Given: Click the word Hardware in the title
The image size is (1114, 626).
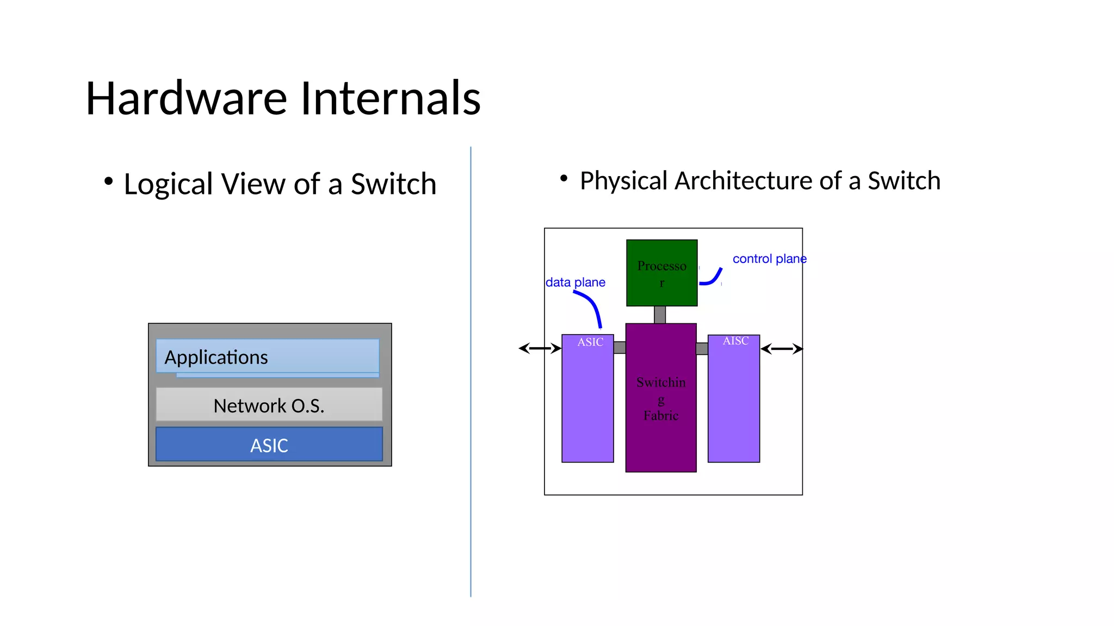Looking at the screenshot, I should click(186, 98).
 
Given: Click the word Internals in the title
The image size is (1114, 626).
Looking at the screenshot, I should click(390, 98).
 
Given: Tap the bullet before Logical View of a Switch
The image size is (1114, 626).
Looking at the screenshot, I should click(108, 181).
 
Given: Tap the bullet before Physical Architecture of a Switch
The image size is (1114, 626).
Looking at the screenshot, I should click(564, 178).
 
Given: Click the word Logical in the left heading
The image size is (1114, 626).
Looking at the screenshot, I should click(168, 184).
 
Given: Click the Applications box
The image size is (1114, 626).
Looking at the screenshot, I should click(267, 356).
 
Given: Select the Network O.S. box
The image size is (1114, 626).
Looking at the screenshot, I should click(269, 405).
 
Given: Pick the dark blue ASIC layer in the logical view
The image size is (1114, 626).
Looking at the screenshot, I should click(269, 445).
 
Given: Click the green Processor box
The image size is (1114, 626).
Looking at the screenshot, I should click(661, 273).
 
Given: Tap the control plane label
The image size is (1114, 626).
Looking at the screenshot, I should click(769, 259).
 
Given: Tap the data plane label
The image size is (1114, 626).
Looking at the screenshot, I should click(575, 283).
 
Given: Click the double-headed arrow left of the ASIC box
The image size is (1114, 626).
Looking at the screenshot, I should click(540, 348).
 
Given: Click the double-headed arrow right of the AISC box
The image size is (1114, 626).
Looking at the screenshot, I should click(782, 349).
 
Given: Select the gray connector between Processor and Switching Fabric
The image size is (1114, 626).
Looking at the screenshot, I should click(660, 315).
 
